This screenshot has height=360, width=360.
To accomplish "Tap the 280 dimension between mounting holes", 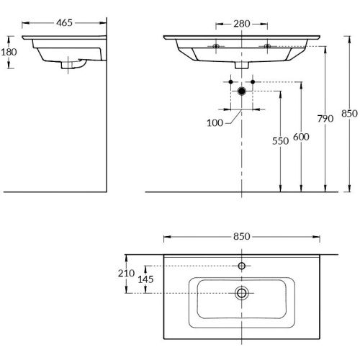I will [241, 24].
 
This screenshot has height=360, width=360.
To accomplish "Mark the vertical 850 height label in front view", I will [349, 114].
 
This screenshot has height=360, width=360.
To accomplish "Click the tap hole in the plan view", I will [242, 266].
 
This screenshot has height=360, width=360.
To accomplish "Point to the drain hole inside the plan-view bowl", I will [242, 292].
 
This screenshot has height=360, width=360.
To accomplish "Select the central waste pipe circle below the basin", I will [242, 91].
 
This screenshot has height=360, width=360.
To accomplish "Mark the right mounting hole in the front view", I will [267, 47].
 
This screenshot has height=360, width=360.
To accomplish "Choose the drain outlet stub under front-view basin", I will [242, 65].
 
